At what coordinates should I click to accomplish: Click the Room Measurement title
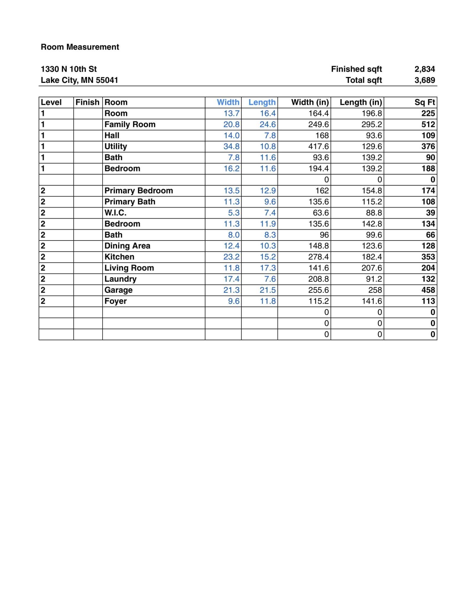(x=80, y=47)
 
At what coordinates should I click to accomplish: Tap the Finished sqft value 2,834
(x=424, y=69)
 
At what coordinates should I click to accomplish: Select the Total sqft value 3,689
(x=424, y=80)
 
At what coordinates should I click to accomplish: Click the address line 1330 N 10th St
(x=69, y=69)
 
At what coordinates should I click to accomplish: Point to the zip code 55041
(x=107, y=80)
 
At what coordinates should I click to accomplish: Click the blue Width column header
(x=228, y=102)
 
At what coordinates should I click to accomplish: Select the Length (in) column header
(x=360, y=102)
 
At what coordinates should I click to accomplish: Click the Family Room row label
(x=130, y=124)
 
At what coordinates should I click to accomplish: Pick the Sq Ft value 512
(x=428, y=124)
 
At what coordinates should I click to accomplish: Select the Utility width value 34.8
(x=231, y=147)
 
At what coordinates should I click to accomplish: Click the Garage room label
(x=118, y=290)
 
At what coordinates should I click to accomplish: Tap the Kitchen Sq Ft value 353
(x=428, y=257)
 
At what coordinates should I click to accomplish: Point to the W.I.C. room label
(x=115, y=213)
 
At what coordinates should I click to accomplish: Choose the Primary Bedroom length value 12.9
(x=268, y=191)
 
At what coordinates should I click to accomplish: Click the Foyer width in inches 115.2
(x=318, y=301)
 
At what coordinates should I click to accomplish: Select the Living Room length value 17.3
(x=268, y=268)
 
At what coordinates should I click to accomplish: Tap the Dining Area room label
(x=127, y=246)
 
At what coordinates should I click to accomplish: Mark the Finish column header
(x=87, y=102)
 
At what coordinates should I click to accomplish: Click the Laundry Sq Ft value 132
(x=428, y=279)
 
